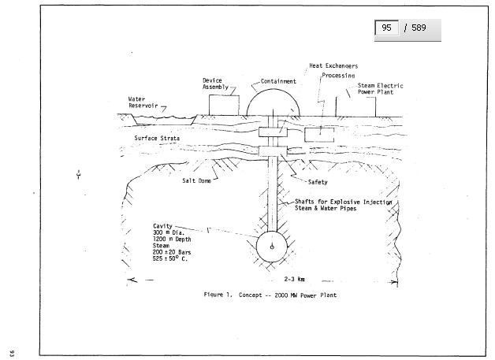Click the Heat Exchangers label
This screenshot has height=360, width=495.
click(x=333, y=66)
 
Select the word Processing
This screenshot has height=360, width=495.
click(x=338, y=76)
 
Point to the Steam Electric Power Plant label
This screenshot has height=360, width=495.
click(x=380, y=88)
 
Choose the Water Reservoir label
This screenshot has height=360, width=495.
click(x=143, y=102)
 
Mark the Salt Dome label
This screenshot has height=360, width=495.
click(x=198, y=180)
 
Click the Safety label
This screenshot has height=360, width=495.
click(x=317, y=182)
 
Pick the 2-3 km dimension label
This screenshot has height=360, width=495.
click(x=295, y=279)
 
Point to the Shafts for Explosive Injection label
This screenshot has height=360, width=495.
click(x=344, y=202)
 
